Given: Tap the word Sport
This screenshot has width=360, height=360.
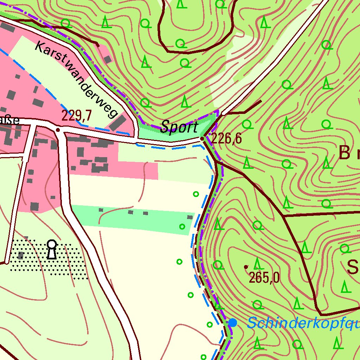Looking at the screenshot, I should [179, 127].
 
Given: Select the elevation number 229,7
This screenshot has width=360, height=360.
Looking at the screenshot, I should [77, 115].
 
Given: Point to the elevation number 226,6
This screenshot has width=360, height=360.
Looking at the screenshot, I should [227, 139].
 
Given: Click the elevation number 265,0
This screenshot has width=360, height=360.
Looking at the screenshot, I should [264, 278].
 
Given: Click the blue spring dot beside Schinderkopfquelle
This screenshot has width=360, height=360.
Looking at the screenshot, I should [232, 322].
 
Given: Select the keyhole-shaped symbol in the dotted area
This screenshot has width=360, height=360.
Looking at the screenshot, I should [52, 249].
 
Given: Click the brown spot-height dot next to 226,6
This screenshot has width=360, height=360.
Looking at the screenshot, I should [202, 139].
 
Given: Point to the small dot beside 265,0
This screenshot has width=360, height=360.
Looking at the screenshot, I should [245, 267].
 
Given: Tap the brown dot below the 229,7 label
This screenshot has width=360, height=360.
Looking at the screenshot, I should [58, 130].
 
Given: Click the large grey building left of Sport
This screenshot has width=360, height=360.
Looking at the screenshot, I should [120, 122].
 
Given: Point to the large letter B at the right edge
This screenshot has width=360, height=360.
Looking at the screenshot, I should [345, 153].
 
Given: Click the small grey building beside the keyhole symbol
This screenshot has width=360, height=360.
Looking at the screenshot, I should [21, 255].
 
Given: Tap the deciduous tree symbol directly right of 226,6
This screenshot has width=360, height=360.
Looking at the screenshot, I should [247, 124].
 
